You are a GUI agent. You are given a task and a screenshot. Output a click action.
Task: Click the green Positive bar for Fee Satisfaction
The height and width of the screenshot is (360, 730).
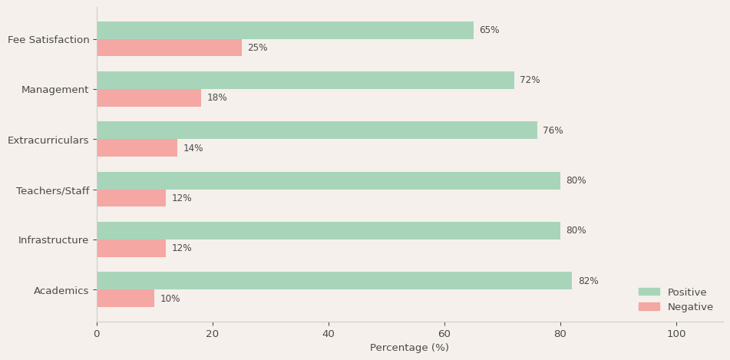(x=285, y=31)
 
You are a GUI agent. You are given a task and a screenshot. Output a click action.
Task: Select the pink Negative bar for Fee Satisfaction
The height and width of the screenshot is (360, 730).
(x=169, y=48)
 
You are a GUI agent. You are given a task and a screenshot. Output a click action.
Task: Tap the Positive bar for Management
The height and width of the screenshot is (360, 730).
(x=306, y=81)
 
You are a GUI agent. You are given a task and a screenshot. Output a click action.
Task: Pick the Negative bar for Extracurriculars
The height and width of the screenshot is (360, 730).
(x=137, y=148)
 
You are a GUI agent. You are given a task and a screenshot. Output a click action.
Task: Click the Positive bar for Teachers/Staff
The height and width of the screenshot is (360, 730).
(x=329, y=181)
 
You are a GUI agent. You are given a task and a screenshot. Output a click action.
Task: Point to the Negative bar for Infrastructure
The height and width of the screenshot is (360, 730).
(x=131, y=249)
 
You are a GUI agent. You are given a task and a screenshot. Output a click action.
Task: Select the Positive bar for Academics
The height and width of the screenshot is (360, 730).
(x=334, y=281)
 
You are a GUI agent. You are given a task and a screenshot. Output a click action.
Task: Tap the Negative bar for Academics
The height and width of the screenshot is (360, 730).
(x=125, y=299)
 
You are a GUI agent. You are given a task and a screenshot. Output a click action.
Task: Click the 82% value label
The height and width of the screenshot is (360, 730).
(x=588, y=281)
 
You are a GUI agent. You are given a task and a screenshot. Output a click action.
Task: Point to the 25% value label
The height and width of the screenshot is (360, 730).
(x=257, y=48)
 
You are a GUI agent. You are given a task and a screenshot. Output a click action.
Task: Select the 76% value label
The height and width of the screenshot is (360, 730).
(x=553, y=130)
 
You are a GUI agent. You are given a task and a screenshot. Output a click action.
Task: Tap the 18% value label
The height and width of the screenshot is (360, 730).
(x=217, y=98)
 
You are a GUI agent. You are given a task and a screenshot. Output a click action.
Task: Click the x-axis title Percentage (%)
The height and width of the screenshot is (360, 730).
(x=409, y=348)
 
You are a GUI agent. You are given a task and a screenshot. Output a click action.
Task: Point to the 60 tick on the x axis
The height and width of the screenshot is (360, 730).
(x=444, y=334)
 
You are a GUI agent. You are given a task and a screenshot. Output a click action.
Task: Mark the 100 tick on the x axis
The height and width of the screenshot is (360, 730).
(x=676, y=334)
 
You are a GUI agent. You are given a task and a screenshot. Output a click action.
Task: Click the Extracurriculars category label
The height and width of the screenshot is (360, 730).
(x=48, y=140)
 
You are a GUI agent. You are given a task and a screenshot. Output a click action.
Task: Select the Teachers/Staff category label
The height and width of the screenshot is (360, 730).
(x=53, y=190)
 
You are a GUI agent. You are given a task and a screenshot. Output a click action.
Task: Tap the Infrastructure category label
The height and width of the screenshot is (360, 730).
(x=54, y=240)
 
